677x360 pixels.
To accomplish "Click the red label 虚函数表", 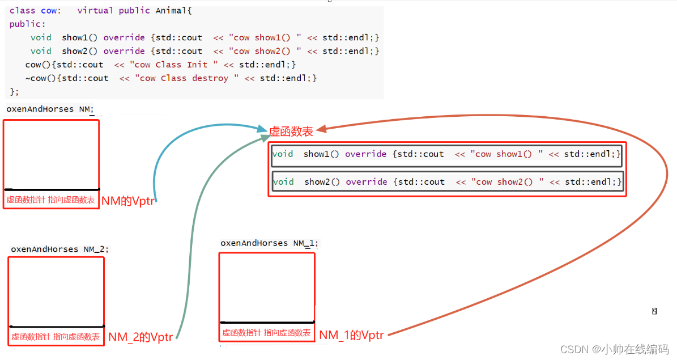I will click(291, 132).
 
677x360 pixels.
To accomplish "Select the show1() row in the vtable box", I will click(447, 154).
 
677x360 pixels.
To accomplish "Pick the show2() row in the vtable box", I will click(447, 182).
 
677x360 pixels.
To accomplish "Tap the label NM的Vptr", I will click(128, 201).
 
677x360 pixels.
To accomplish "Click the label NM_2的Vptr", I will click(140, 337).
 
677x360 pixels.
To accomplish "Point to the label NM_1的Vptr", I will click(351, 335).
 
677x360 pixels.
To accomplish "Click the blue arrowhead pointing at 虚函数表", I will click(263, 130).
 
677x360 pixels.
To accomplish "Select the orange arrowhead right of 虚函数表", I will click(322, 130).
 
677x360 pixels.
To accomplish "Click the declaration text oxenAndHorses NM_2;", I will click(59, 249).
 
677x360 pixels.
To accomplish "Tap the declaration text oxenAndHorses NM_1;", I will click(270, 243).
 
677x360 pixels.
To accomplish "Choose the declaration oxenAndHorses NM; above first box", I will click(50, 109).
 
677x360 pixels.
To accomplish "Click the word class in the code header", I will click(22, 11).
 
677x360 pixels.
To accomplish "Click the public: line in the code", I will click(27, 24).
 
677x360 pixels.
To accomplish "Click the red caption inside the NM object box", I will click(51, 200).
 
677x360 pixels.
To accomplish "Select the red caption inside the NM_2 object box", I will click(56, 337).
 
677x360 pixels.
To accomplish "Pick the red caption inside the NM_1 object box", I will click(266, 333).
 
